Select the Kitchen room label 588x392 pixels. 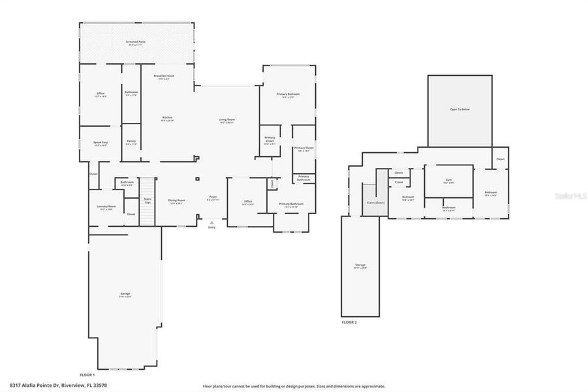tap(168, 119)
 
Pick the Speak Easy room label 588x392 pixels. tap(100, 143)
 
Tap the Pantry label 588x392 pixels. tap(131, 142)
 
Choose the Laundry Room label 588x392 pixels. tap(106, 208)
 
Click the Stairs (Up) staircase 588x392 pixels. tap(148, 201)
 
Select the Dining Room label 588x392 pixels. tap(177, 201)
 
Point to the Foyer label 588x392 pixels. tap(213, 198)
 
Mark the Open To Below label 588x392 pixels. tap(459, 110)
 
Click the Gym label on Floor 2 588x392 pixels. tap(448, 180)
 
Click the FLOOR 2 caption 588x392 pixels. tap(349, 322)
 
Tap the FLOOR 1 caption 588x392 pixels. tap(87, 375)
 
